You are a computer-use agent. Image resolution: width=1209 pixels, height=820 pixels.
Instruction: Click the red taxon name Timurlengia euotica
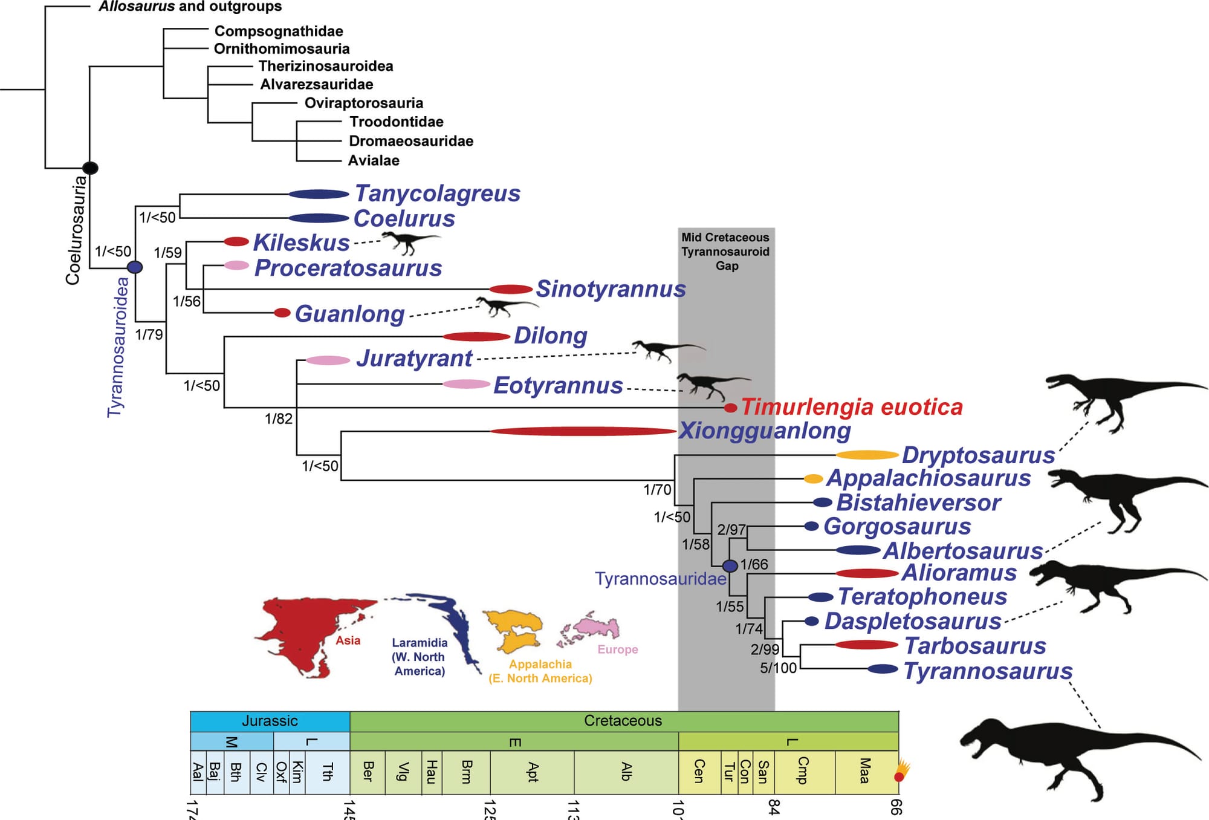pos(851,407)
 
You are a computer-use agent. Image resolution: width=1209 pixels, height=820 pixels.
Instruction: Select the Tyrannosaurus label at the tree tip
pos(988,671)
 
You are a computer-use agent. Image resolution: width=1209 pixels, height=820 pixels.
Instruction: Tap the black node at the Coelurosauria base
pos(90,168)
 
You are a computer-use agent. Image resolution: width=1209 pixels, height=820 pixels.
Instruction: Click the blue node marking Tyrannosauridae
pos(730,565)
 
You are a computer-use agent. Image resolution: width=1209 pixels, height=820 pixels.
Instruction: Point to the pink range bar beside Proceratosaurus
pos(236,265)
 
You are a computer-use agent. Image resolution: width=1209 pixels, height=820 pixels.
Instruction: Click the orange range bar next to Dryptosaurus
pos(867,455)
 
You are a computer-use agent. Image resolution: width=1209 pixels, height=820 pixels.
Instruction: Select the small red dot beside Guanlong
pos(282,313)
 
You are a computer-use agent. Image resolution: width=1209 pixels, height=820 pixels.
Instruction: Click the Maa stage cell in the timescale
pos(865,772)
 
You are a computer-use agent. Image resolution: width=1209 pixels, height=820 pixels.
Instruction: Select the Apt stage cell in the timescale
pos(532,772)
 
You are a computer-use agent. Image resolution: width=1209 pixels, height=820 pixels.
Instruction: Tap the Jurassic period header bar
pos(270,721)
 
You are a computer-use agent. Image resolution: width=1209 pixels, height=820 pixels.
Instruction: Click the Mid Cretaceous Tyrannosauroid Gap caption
pos(725,251)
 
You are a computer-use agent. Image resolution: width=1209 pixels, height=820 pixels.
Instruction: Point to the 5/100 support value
pos(778,668)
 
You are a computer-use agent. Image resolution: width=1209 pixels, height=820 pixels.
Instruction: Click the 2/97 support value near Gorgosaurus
pos(731,530)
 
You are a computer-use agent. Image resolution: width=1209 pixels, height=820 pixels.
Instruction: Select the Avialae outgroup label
pos(374,160)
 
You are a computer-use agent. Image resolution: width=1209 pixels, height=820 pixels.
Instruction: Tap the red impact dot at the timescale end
pos(899,776)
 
